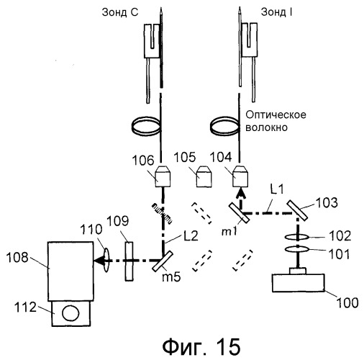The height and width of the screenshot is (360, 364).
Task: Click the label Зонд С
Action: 120,12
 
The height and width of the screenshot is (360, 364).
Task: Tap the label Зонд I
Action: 276,12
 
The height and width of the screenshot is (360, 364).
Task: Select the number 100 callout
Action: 347,302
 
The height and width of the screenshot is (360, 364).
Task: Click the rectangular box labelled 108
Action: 70,271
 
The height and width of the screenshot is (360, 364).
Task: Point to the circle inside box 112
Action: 70,313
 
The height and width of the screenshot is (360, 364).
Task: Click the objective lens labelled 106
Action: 163,176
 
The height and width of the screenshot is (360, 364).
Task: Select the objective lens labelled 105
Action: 204,177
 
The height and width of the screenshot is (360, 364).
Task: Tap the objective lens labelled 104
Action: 240,176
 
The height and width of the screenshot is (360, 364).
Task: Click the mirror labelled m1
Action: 240,213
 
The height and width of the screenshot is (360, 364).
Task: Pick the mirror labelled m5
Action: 163,261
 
